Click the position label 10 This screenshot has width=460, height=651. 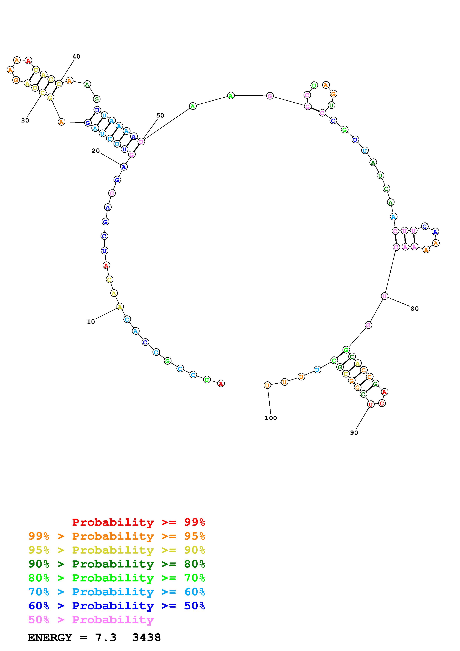point(91,322)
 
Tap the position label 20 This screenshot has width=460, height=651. point(96,151)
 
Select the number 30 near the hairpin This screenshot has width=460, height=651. point(25,120)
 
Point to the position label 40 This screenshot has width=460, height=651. point(76,56)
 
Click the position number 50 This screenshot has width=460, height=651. point(160,115)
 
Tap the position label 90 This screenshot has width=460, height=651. point(354,433)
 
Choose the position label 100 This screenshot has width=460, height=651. point(271,418)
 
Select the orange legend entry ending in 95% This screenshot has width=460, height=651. point(117,536)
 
